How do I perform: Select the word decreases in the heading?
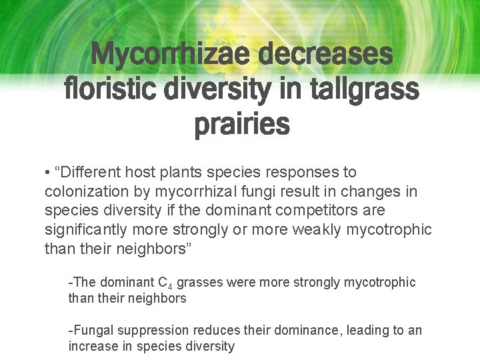[325, 55]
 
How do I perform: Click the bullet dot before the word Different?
[47, 173]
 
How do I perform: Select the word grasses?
[201, 282]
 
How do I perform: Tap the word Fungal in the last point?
[93, 331]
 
